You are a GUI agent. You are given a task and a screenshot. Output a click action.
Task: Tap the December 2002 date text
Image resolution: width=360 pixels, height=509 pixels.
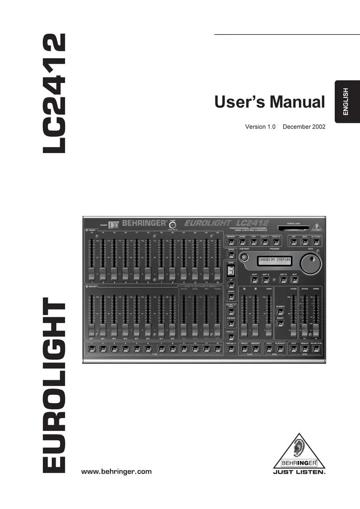click(303, 127)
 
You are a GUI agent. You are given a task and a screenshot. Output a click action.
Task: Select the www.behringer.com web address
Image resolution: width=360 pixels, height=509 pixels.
click(116, 471)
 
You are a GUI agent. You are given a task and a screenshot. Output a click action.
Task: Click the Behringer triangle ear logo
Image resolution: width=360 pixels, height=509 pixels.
click(299, 450)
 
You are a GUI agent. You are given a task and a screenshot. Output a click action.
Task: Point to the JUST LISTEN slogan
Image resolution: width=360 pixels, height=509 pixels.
click(299, 472)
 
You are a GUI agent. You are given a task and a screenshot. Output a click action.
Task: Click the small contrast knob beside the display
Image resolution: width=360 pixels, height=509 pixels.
click(244, 257)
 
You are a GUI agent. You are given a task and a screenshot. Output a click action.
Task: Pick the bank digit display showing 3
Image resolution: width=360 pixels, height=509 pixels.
click(231, 271)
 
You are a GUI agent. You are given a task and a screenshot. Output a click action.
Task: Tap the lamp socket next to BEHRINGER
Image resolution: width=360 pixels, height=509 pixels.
click(173, 225)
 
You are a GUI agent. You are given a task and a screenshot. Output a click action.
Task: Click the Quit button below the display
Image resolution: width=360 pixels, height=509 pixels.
click(294, 280)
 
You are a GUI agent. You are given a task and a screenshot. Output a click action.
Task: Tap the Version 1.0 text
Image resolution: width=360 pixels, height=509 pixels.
click(260, 127)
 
